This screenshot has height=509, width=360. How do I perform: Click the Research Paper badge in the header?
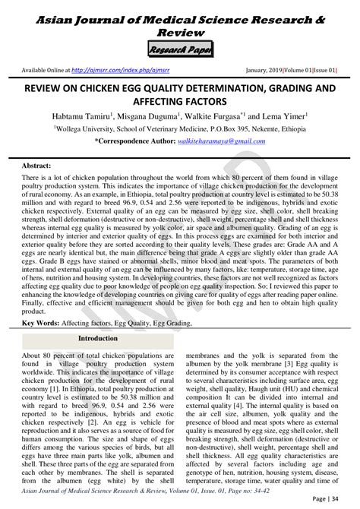(180, 51)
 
